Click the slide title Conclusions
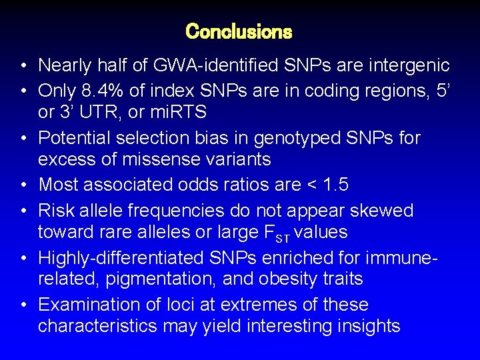point(239,31)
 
